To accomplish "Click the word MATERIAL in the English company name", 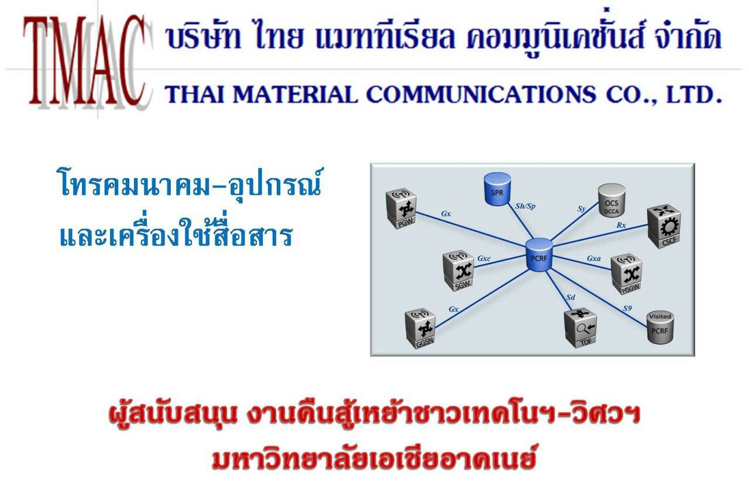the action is (x=295, y=94).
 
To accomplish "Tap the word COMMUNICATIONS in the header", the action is (x=481, y=94).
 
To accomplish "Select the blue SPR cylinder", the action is (x=497, y=189).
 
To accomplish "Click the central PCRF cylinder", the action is (x=539, y=255).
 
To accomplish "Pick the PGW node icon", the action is (x=401, y=208).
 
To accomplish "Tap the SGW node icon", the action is (x=458, y=271).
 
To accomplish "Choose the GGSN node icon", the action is (x=420, y=328).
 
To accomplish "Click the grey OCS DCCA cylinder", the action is (x=611, y=200).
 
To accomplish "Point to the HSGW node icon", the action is (x=627, y=274).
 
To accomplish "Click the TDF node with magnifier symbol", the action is (x=580, y=328).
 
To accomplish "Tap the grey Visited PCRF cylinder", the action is (x=660, y=327).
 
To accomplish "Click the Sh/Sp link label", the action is (x=525, y=206).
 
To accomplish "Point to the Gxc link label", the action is (x=484, y=258).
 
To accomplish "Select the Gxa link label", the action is (x=594, y=258).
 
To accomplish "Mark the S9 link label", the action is (x=627, y=308).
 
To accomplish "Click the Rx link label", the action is (x=621, y=225).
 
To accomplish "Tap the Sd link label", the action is (x=571, y=297).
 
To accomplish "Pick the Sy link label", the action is (x=582, y=208).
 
